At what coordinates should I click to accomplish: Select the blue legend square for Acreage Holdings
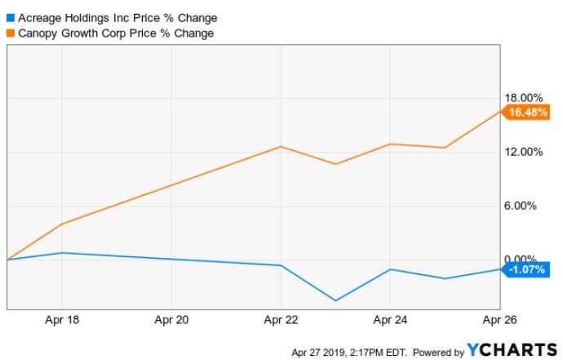11,17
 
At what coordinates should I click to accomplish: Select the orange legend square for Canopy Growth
11,33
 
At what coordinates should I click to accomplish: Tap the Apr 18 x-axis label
63,319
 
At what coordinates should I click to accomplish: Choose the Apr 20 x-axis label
171,319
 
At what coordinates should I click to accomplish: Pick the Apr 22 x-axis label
281,319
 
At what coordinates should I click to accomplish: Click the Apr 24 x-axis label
390,319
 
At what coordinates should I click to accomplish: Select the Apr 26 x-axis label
499,319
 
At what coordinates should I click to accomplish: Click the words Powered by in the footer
438,353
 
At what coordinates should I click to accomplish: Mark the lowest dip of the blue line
335,300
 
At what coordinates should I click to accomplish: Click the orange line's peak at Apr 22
281,147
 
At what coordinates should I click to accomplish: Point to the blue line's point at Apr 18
63,253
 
